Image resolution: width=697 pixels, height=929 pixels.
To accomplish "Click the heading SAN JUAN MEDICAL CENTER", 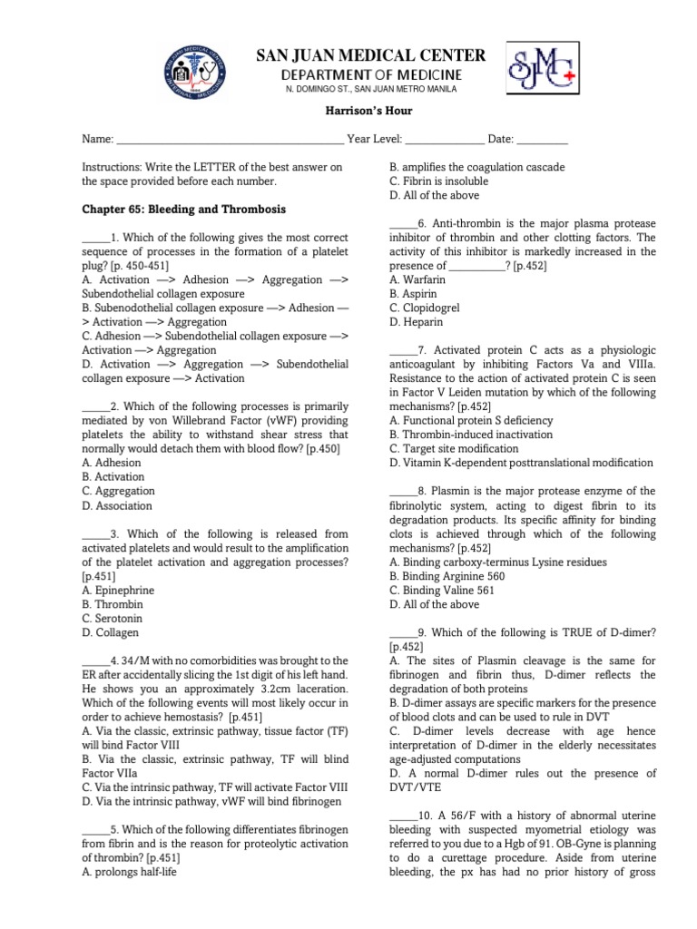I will click(369, 55).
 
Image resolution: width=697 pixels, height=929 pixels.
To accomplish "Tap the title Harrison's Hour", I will click(368, 111).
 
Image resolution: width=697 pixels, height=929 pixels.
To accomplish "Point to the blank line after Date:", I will click(543, 140).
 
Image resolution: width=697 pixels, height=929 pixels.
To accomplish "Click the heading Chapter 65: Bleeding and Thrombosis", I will click(183, 210).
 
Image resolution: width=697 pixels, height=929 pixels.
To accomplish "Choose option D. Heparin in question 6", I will click(417, 322).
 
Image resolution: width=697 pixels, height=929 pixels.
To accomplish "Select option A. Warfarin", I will click(418, 280).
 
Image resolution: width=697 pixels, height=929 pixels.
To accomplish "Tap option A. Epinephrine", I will click(118, 590).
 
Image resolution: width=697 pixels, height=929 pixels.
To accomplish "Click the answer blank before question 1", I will click(95, 238).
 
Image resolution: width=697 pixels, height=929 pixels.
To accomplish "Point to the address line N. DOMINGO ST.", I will click(369, 89).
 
